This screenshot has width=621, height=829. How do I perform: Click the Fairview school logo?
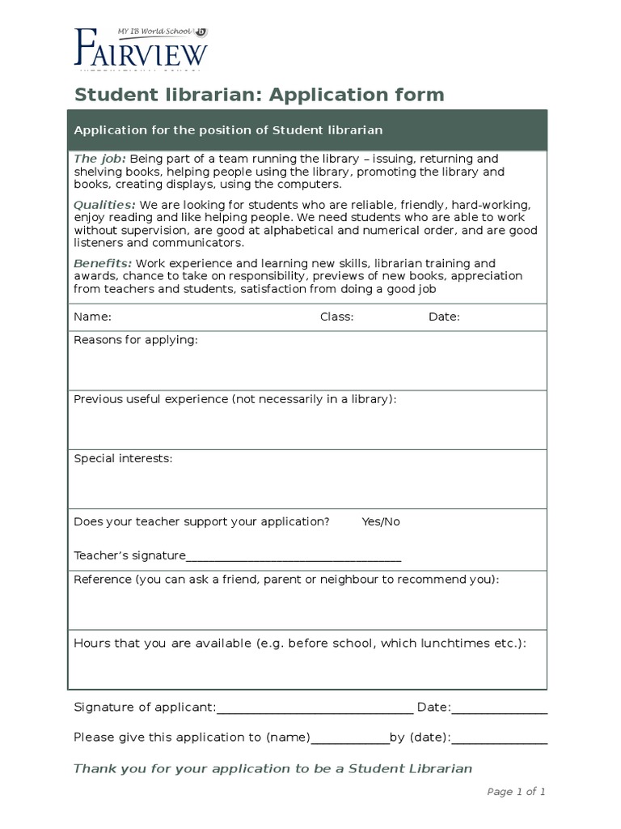click(141, 48)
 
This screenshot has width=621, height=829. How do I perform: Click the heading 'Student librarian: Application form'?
click(259, 95)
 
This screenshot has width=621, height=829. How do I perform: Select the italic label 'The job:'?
click(99, 159)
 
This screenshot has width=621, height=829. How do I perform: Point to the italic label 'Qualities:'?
click(104, 205)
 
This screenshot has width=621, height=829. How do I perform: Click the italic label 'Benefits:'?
click(103, 263)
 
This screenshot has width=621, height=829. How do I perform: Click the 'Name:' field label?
click(92, 317)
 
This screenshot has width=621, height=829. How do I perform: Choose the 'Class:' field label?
click(336, 317)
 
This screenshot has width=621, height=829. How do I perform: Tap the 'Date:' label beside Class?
click(444, 317)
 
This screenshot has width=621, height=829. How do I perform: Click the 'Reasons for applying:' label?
click(135, 340)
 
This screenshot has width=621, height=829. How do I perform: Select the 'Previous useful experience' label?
click(234, 399)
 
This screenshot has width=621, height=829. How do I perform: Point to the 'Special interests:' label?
click(123, 458)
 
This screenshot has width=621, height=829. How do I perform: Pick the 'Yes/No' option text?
click(381, 521)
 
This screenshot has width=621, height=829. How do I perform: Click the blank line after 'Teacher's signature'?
click(294, 557)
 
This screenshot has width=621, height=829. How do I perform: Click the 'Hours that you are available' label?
click(299, 643)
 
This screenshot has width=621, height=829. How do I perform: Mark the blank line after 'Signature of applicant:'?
click(315, 710)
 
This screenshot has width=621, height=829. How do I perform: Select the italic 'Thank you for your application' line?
click(272, 768)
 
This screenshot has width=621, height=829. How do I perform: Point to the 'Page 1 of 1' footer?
click(516, 792)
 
